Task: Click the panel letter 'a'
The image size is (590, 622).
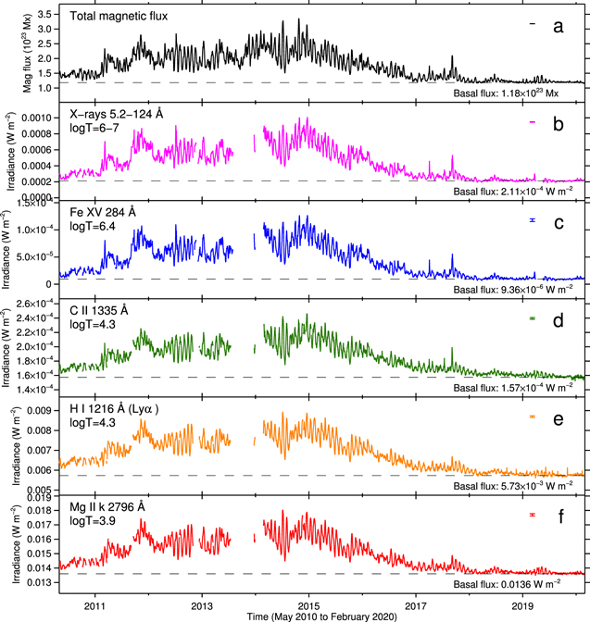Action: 558,25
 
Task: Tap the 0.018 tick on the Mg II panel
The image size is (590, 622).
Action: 40,499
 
